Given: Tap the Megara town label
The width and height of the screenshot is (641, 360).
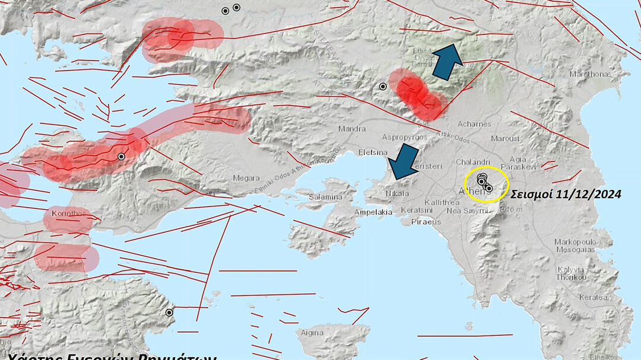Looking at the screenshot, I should pyautogui.click(x=246, y=178).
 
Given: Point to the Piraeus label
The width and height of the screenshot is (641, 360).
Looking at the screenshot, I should pyautogui.click(x=426, y=222).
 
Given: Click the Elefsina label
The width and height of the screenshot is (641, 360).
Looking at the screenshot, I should pyautogui.click(x=373, y=152).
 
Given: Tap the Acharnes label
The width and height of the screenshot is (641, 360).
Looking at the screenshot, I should pyautogui.click(x=474, y=124).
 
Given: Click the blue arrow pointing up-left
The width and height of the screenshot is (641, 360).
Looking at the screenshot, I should pyautogui.click(x=448, y=62).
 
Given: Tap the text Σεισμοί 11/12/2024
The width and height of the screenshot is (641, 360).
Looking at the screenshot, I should pyautogui.click(x=566, y=193).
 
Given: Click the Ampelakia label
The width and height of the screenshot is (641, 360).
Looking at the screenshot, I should pyautogui.click(x=373, y=212).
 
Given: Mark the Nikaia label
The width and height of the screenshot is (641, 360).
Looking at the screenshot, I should pyautogui.click(x=398, y=193).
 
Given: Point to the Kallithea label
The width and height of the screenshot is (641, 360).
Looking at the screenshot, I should pyautogui.click(x=440, y=202).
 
